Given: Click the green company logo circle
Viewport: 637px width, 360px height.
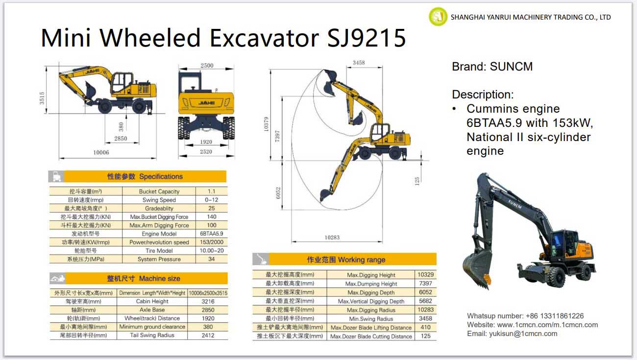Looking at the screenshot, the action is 438,17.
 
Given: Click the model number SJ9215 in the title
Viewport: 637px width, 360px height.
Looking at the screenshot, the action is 367,38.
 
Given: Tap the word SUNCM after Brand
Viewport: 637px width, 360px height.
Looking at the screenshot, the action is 511,67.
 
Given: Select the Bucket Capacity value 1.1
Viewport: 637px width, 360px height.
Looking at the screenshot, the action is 211,192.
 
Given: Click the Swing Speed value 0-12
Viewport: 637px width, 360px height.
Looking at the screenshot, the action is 211,200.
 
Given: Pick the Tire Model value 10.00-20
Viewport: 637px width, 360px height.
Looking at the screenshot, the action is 211,250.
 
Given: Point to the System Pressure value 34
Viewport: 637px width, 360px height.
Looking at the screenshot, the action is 211,259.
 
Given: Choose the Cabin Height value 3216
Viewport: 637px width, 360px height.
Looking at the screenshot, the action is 208,301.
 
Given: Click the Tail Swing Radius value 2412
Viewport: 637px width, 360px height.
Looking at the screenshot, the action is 208,335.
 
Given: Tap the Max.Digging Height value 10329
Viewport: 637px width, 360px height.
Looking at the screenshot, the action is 425,275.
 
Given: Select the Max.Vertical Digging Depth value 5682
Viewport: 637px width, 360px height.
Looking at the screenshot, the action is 425,301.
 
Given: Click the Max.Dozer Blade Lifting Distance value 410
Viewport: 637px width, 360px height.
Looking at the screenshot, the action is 425,327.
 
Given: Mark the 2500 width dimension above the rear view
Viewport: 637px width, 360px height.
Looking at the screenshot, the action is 207,66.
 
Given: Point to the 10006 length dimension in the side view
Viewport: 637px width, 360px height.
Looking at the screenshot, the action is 101,152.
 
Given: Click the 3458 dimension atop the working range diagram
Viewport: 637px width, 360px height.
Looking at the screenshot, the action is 359,63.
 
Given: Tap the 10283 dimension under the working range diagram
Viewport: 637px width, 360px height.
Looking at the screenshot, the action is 332,238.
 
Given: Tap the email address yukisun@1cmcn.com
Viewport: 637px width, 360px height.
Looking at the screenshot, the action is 523,334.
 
